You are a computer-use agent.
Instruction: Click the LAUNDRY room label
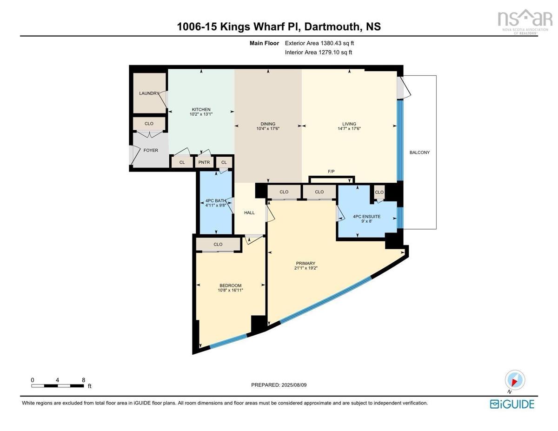point(149,93)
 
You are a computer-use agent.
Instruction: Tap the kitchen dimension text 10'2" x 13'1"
point(201,114)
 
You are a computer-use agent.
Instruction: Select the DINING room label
point(268,124)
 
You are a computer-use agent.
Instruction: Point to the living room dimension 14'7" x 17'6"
point(349,128)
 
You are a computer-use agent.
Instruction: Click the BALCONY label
point(419,152)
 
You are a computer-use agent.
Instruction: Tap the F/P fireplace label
point(331,171)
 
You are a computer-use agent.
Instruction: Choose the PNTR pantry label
point(204,162)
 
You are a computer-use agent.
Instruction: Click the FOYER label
point(151,150)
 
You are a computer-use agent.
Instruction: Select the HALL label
point(249,212)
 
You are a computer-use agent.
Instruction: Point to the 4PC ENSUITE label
point(367,216)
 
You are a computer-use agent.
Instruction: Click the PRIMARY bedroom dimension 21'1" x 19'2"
point(306,268)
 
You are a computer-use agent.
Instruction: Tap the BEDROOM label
point(230,285)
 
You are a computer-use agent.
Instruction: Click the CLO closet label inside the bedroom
point(218,245)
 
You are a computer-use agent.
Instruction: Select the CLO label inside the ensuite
point(379,192)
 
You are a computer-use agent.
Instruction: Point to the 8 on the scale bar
point(83,380)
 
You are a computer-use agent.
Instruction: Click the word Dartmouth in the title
point(332,27)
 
